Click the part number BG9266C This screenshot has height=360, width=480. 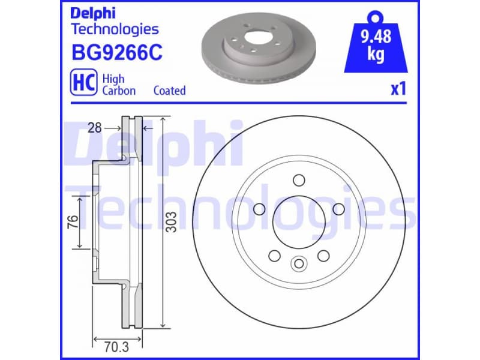[116, 53]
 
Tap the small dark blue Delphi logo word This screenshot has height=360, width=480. [93, 13]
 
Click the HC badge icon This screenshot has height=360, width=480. [83, 84]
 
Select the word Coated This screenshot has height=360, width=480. [169, 91]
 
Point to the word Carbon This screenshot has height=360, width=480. [119, 91]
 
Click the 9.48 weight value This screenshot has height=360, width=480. [376, 37]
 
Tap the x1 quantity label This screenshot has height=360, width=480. [398, 89]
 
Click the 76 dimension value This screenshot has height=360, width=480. [72, 223]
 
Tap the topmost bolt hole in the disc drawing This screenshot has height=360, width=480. [298, 179]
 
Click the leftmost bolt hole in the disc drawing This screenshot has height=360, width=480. [260, 208]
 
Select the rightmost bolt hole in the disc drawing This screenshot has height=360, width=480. [338, 208]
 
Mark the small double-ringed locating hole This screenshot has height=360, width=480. [298, 263]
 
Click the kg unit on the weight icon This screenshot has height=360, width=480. [376, 55]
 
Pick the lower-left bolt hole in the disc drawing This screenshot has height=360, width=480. [274, 256]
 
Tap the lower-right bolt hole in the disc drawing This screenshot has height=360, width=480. [323, 256]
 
